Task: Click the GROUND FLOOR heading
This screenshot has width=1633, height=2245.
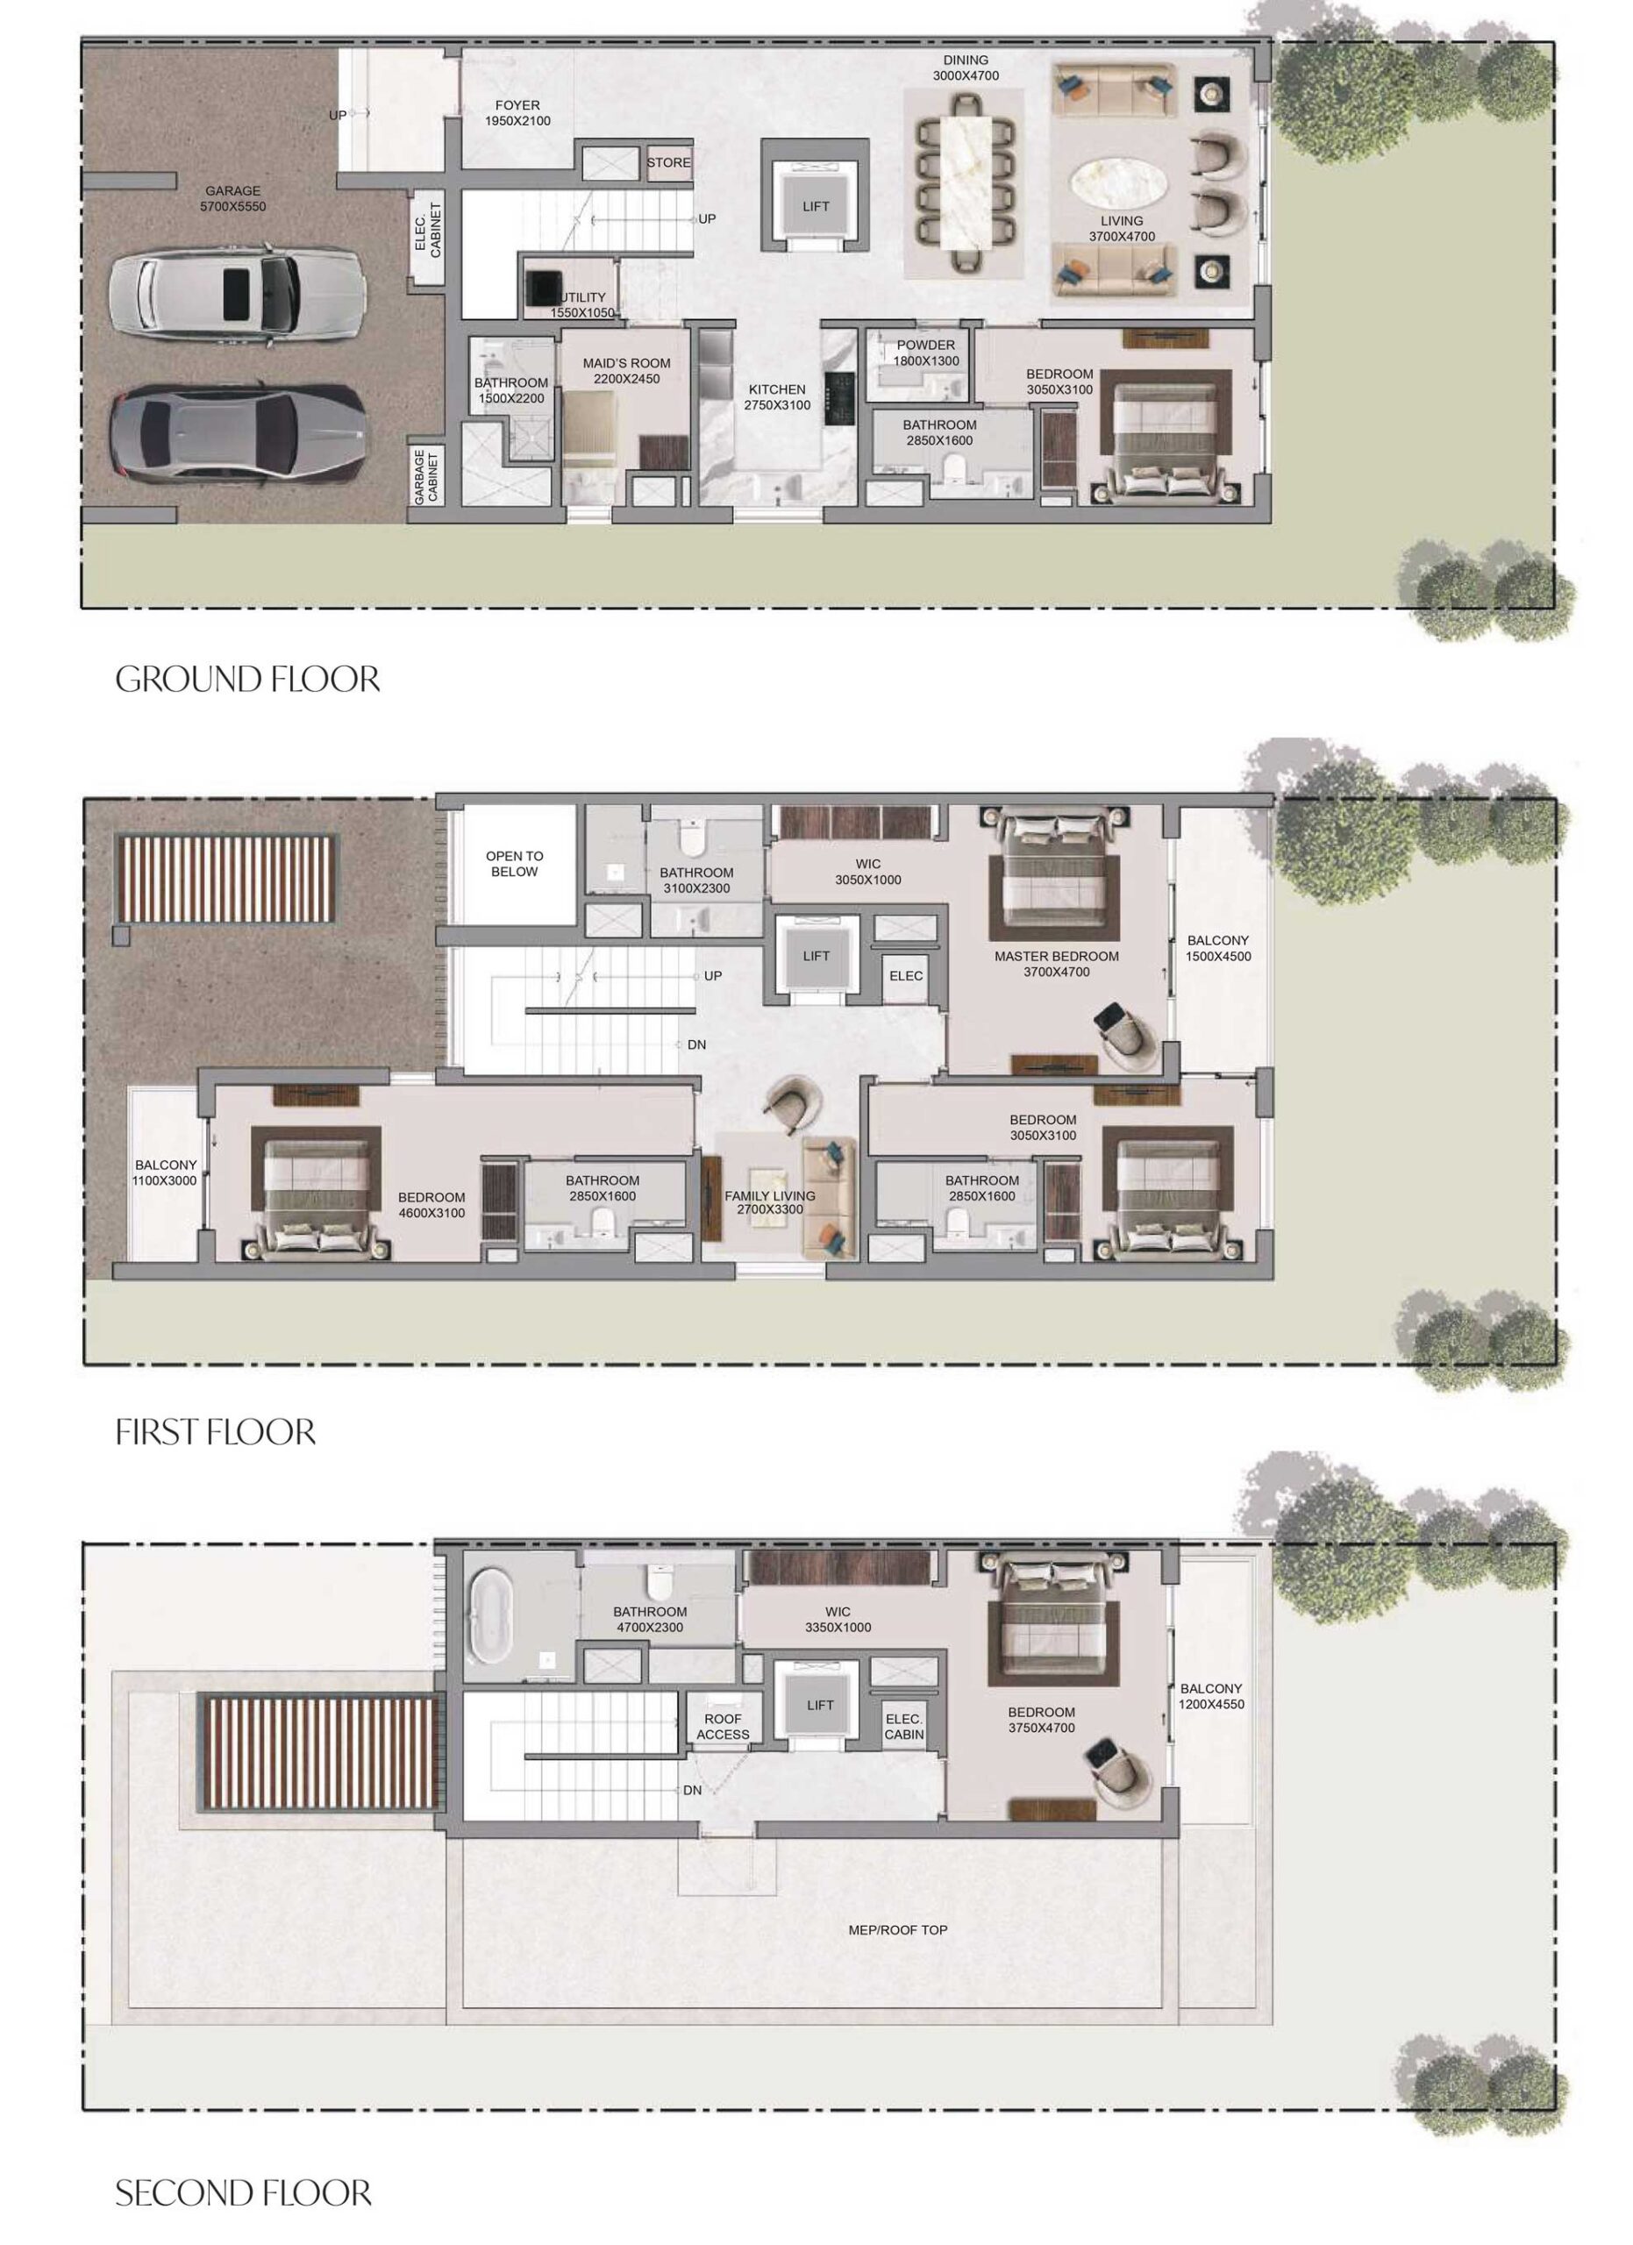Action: tap(247, 679)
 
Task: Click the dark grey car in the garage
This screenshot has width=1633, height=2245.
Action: tap(238, 433)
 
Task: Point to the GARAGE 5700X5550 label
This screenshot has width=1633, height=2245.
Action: tap(232, 199)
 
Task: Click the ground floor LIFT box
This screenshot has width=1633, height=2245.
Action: tap(816, 206)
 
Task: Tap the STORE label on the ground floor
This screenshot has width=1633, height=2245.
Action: tap(669, 162)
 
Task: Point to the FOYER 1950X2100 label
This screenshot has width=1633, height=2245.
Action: tap(517, 113)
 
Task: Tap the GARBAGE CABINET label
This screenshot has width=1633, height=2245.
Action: tap(426, 476)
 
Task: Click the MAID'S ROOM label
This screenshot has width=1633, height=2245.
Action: tap(626, 371)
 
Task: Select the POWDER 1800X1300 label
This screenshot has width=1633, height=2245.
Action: tap(926, 353)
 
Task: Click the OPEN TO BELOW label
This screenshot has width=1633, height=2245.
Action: tap(515, 864)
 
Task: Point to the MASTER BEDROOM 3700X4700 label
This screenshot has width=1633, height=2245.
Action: tap(1057, 964)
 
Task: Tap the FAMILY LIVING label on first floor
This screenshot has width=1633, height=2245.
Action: tap(770, 1201)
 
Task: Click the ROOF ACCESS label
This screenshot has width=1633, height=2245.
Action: tap(723, 1727)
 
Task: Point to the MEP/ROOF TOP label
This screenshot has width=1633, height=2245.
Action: tap(898, 1929)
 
